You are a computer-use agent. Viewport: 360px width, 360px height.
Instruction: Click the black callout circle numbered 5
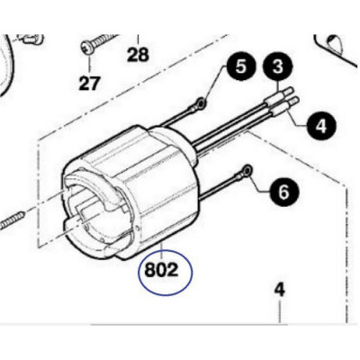[x=241, y=67]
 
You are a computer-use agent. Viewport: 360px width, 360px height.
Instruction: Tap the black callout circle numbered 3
[x=277, y=67]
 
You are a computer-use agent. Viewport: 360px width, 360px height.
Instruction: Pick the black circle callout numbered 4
[x=320, y=126]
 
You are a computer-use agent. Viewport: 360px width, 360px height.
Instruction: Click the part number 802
[x=161, y=271]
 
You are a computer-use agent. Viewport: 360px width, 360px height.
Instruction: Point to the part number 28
[x=138, y=55]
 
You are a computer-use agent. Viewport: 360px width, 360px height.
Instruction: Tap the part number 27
[x=89, y=84]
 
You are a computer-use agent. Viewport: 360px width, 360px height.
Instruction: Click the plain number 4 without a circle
[x=280, y=291]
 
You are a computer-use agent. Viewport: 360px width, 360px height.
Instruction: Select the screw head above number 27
[x=88, y=48]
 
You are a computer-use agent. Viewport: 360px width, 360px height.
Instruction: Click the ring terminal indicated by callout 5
[x=201, y=104]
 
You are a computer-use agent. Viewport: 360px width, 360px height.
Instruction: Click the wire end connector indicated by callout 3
[x=279, y=96]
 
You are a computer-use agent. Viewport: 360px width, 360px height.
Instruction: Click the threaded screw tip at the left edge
[x=13, y=221]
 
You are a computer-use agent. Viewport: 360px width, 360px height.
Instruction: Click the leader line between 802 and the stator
[x=162, y=252]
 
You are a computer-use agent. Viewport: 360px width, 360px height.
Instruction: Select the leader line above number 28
[x=138, y=40]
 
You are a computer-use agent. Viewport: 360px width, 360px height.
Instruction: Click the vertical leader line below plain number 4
[x=280, y=312]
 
